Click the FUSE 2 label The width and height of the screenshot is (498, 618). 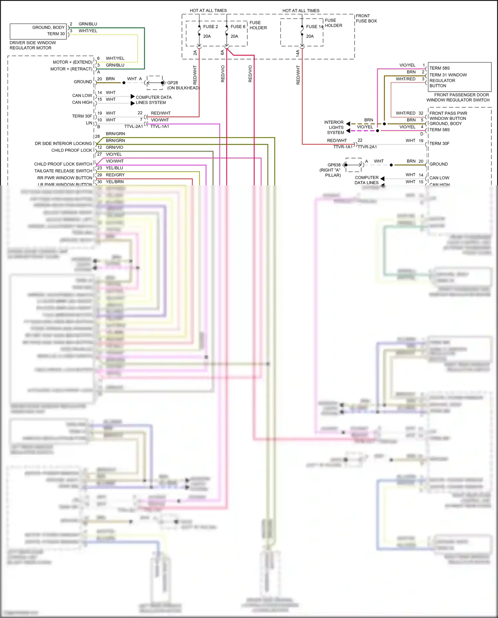[210, 27]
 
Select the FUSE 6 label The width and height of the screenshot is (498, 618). [238, 27]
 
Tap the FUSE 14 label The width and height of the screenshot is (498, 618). [314, 27]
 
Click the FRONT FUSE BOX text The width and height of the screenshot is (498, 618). [366, 18]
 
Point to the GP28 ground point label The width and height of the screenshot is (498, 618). [172, 83]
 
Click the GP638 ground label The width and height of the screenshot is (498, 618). [334, 165]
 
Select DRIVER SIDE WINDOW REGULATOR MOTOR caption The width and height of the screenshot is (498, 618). [33, 45]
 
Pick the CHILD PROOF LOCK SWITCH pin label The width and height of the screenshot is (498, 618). [63, 164]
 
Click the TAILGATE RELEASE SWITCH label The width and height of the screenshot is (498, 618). [63, 171]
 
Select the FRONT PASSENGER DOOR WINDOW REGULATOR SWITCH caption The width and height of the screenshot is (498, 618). [458, 97]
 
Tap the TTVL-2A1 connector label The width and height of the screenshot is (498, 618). [133, 127]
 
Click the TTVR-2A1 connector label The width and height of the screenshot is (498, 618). [367, 147]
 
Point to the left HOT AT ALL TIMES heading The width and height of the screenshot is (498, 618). [208, 11]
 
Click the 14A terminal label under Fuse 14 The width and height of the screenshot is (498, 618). [298, 52]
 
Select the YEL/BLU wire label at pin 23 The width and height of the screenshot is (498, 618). [114, 168]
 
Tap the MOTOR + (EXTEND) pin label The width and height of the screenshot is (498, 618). [72, 62]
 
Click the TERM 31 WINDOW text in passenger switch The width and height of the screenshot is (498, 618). [448, 75]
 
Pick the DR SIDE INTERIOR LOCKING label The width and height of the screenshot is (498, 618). [63, 143]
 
